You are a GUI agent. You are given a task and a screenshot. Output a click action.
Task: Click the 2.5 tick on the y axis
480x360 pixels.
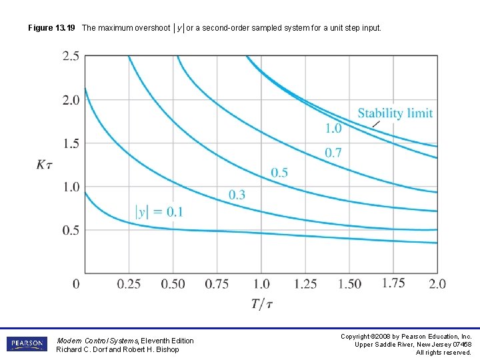[x=71, y=56]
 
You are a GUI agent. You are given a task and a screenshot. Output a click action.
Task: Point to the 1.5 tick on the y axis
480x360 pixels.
[x=71, y=143]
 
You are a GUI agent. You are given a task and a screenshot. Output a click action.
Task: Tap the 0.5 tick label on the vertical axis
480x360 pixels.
[x=71, y=230]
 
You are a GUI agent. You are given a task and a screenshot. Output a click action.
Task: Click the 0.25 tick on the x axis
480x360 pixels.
[x=129, y=284]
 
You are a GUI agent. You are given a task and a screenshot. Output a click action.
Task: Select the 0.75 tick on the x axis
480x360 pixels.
[x=217, y=284]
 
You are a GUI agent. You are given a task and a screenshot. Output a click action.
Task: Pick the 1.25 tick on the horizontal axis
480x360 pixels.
[x=305, y=284]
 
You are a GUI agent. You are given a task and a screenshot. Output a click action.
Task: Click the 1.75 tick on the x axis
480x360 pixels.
[x=393, y=283]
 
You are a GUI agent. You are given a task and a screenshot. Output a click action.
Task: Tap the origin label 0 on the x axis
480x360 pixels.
[x=76, y=284]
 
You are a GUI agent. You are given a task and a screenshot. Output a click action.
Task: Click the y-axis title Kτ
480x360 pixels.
[x=47, y=165]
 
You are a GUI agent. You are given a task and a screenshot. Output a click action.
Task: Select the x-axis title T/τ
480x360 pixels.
[x=262, y=304]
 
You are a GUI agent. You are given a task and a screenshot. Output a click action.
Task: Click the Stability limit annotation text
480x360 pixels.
[x=395, y=113]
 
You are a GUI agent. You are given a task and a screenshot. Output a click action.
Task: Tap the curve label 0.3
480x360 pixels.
[x=237, y=195]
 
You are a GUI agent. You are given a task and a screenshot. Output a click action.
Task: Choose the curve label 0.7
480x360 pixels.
[x=333, y=153]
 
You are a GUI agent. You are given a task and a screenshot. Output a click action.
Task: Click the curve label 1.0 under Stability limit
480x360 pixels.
[x=333, y=128]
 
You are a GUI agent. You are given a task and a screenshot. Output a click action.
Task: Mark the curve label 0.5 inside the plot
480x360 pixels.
[x=279, y=173]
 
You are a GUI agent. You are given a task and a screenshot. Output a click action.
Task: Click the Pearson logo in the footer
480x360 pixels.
[x=27, y=344]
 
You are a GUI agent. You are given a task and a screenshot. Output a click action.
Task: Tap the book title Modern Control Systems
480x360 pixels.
[x=98, y=341]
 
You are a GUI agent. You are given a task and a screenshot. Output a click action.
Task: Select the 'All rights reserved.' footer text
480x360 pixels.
[x=443, y=352]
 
